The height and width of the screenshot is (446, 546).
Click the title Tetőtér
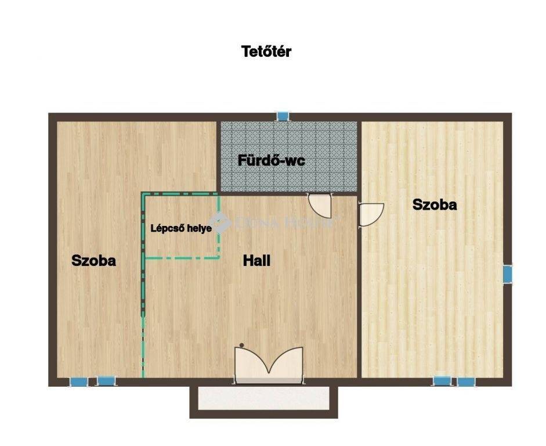[266, 52]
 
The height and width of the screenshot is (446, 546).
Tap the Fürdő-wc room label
[271, 161]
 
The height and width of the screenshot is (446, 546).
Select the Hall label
[256, 261]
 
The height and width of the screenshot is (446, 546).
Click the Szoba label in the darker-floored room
[93, 261]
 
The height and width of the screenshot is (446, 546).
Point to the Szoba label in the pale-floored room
[435, 204]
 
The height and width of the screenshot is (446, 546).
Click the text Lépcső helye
[181, 229]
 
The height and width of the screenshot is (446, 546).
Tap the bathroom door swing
[320, 206]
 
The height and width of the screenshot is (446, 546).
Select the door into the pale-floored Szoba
[371, 214]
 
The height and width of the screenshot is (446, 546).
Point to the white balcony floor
[263, 398]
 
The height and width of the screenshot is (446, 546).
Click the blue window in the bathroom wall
[283, 116]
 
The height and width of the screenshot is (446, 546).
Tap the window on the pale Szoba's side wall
[508, 274]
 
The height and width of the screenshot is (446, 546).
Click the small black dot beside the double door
[241, 346]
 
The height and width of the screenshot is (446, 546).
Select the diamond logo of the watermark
[219, 222]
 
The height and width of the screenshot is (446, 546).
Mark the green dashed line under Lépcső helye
[182, 258]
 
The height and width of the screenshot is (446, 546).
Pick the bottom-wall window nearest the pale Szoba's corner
[467, 382]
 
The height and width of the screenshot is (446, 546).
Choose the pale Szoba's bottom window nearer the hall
[442, 381]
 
